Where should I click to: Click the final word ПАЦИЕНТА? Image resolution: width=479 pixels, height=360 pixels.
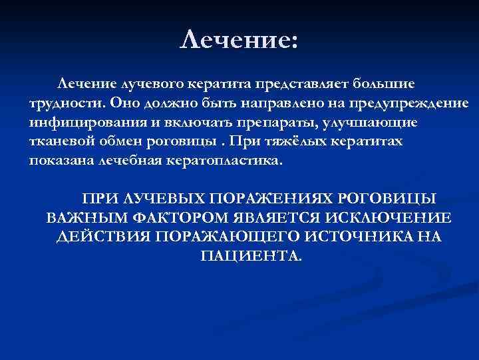pyautogui.click(x=250, y=256)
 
